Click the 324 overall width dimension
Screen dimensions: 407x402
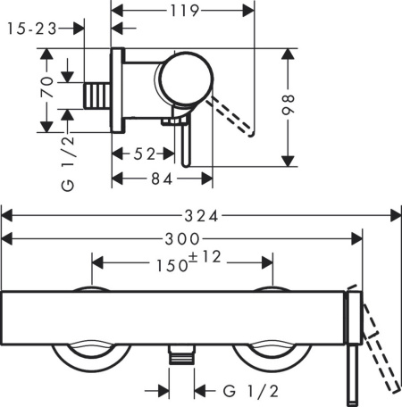pos(203,215)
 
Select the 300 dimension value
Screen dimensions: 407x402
pos(184,238)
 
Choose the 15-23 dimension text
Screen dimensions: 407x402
pos(29,29)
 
